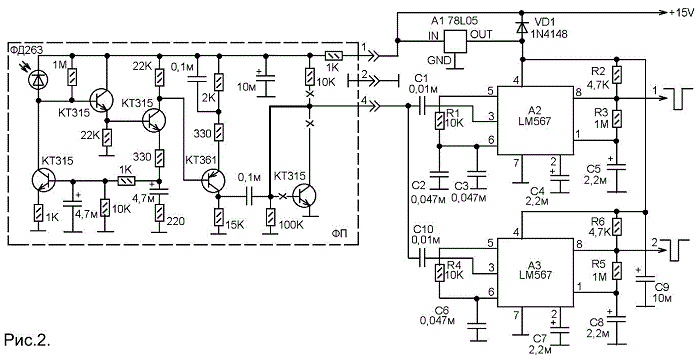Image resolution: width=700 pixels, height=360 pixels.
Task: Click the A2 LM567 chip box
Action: pyautogui.click(x=536, y=121)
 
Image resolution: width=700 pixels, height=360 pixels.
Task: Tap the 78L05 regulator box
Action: pyautogui.click(x=454, y=42)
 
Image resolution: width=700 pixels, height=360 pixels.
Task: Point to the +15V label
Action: pyautogui.click(x=681, y=13)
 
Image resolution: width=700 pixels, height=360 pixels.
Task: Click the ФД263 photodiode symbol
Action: pyautogui.click(x=38, y=80)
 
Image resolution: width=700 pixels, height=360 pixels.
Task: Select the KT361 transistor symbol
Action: pyautogui.click(x=213, y=181)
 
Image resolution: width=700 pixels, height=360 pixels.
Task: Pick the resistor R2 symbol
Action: pyautogui.click(x=617, y=75)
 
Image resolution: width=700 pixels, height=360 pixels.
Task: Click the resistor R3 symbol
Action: pyautogui.click(x=617, y=119)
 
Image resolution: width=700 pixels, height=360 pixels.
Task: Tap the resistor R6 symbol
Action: pyautogui.click(x=617, y=226)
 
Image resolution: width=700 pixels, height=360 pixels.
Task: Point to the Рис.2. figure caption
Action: pyautogui.click(x=26, y=340)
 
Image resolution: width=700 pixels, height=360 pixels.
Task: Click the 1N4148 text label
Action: pyautogui.click(x=549, y=33)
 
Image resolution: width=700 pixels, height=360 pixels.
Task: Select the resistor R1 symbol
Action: pyautogui.click(x=441, y=121)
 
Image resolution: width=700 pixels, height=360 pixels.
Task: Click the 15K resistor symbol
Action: pyautogui.click(x=218, y=217)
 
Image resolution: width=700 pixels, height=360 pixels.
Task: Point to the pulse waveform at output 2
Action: pyautogui.click(x=677, y=250)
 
